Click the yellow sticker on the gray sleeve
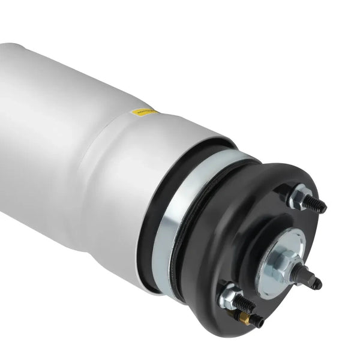coord(142,112)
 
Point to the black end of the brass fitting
coord(257,322)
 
